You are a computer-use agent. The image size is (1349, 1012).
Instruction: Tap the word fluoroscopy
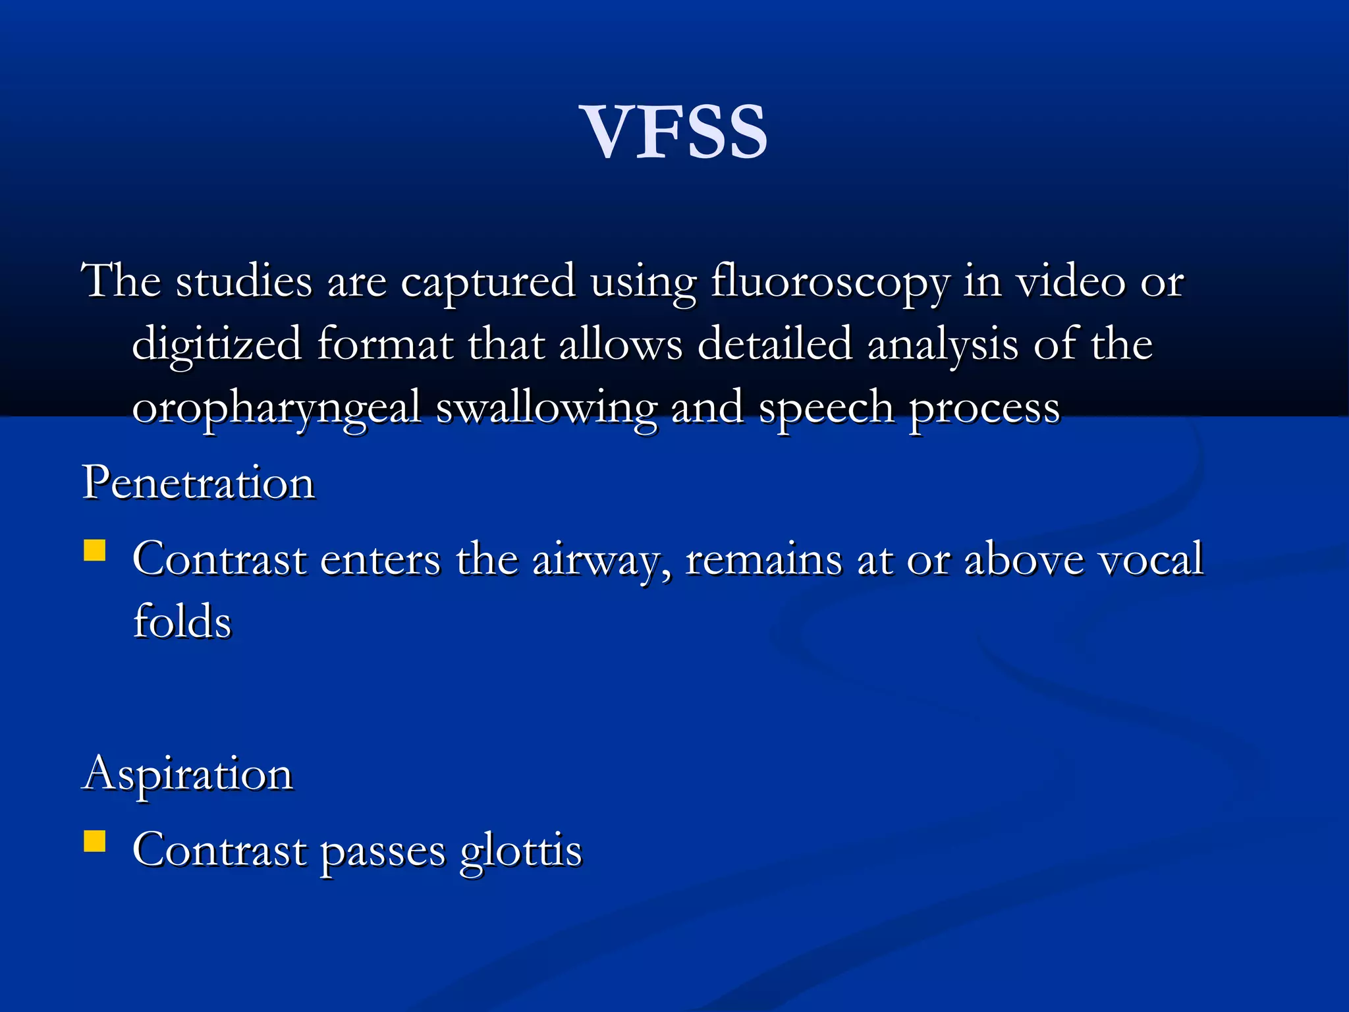point(829,282)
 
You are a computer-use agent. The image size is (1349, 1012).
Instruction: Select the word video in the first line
point(1070,281)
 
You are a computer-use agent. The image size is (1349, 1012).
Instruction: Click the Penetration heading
point(198,482)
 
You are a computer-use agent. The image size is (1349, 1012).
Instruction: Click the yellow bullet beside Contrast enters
point(95,551)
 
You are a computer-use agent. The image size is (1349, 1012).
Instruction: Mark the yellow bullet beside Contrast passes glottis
point(95,841)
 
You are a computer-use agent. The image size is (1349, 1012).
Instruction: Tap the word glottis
point(521,851)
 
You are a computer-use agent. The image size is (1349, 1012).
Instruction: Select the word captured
point(488,282)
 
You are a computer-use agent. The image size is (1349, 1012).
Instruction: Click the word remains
point(764,559)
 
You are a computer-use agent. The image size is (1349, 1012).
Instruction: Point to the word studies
point(244,281)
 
